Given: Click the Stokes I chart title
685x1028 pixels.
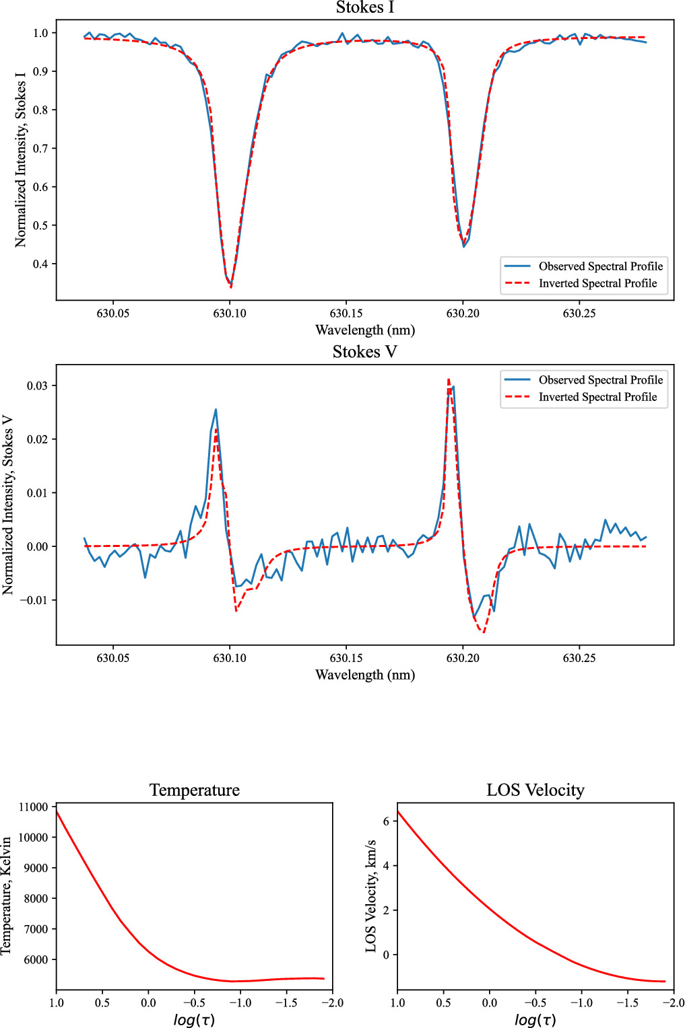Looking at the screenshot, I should pyautogui.click(x=364, y=8).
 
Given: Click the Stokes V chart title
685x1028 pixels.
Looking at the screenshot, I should pyautogui.click(x=364, y=352).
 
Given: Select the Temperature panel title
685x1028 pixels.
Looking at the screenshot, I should pyautogui.click(x=195, y=790).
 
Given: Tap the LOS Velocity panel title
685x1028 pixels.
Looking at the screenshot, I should pyautogui.click(x=535, y=790).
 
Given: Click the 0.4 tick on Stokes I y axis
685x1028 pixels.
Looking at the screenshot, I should pyautogui.click(x=40, y=264).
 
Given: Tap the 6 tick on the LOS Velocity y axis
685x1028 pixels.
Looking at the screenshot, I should pyautogui.click(x=386, y=821).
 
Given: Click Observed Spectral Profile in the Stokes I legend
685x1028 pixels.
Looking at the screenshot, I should pyautogui.click(x=600, y=266).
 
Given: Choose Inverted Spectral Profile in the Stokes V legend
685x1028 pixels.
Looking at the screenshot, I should pyautogui.click(x=597, y=397).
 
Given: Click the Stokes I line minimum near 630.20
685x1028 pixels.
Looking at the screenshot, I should pyautogui.click(x=463, y=246).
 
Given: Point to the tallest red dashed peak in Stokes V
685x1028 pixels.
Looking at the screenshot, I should pyautogui.click(x=449, y=379).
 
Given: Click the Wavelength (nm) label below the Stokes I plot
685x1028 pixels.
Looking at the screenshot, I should pyautogui.click(x=364, y=330).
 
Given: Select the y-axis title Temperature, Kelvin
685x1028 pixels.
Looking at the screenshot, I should pyautogui.click(x=7, y=895).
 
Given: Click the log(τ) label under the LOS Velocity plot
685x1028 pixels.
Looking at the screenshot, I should pyautogui.click(x=535, y=1019).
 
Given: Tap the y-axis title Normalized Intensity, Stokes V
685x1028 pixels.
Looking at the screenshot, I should pyautogui.click(x=8, y=505).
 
